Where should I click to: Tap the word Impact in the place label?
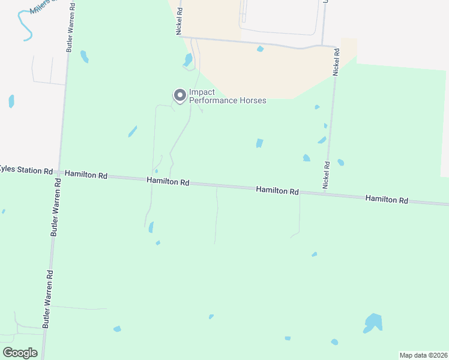(202, 92)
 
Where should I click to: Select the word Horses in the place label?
(252, 101)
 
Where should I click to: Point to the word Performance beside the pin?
(212, 101)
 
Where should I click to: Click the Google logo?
(20, 353)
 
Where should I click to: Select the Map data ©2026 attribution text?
(423, 355)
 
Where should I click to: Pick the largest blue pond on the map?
(373, 323)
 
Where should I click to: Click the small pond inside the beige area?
(260, 49)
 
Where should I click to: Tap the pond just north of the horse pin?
(188, 60)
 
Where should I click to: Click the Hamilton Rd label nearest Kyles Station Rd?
(86, 175)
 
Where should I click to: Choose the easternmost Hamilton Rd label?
(387, 199)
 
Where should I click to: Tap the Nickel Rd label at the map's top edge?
(179, 21)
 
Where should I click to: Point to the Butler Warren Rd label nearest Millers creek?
(70, 28)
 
